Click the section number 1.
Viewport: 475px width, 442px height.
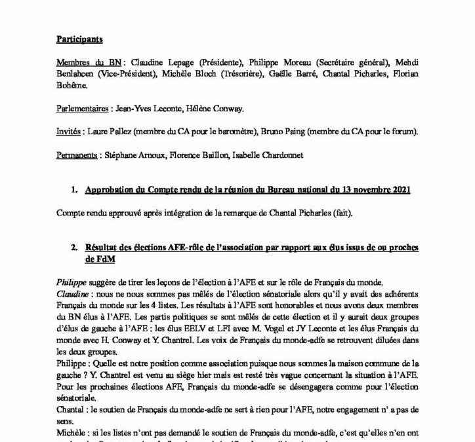pyautogui.click(x=73, y=191)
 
